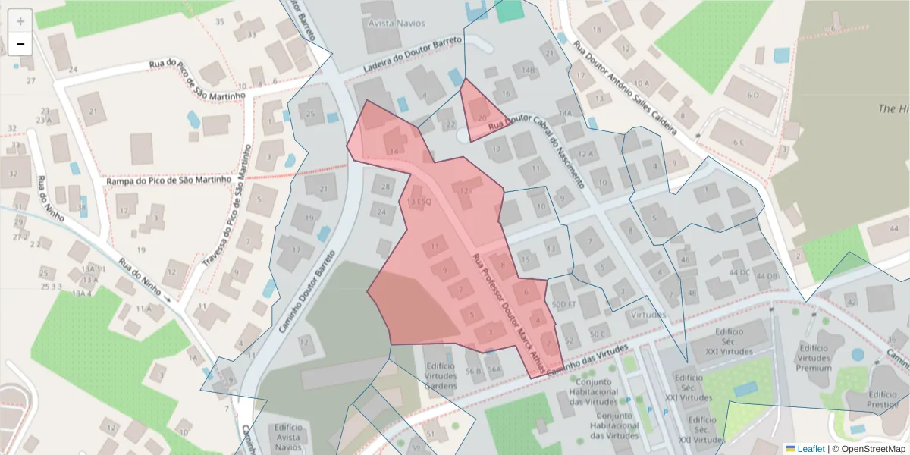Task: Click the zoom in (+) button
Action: tap(20, 20)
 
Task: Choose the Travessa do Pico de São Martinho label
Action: tap(235, 220)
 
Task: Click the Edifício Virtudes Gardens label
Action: tap(441, 376)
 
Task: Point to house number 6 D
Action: tap(752, 95)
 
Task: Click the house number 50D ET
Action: tap(565, 304)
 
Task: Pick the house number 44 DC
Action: tap(739, 272)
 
